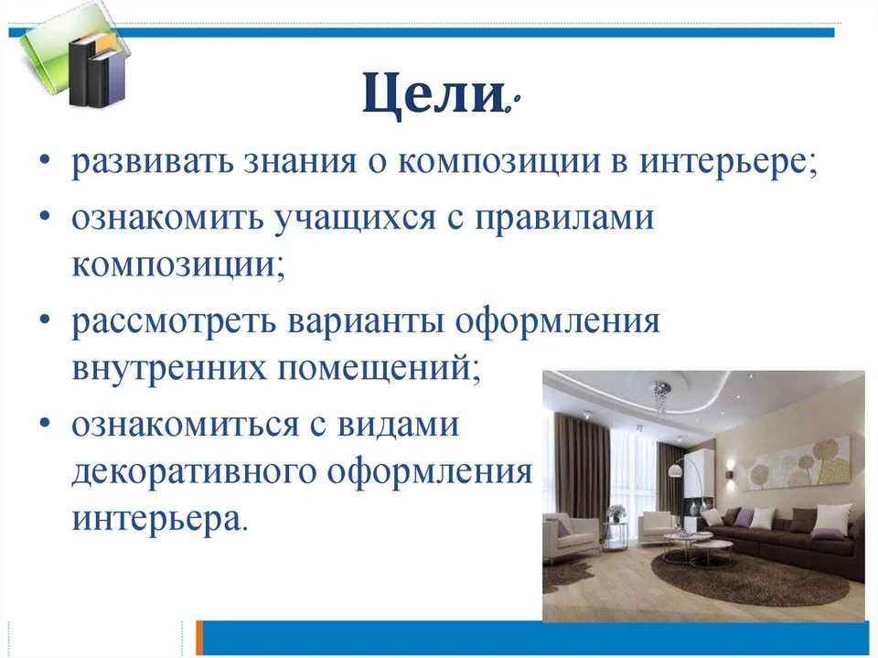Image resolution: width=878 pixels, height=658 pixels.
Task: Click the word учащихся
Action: tap(355, 219)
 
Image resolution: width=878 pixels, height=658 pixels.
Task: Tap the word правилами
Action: tap(564, 219)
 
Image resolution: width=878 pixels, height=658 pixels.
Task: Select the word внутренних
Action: tap(169, 369)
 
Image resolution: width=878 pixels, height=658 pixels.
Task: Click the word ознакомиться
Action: tap(186, 425)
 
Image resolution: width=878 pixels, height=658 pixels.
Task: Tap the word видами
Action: tap(398, 426)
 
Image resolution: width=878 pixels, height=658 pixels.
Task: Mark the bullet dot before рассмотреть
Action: tap(46, 318)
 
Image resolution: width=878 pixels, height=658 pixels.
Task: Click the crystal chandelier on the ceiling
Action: tap(660, 397)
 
